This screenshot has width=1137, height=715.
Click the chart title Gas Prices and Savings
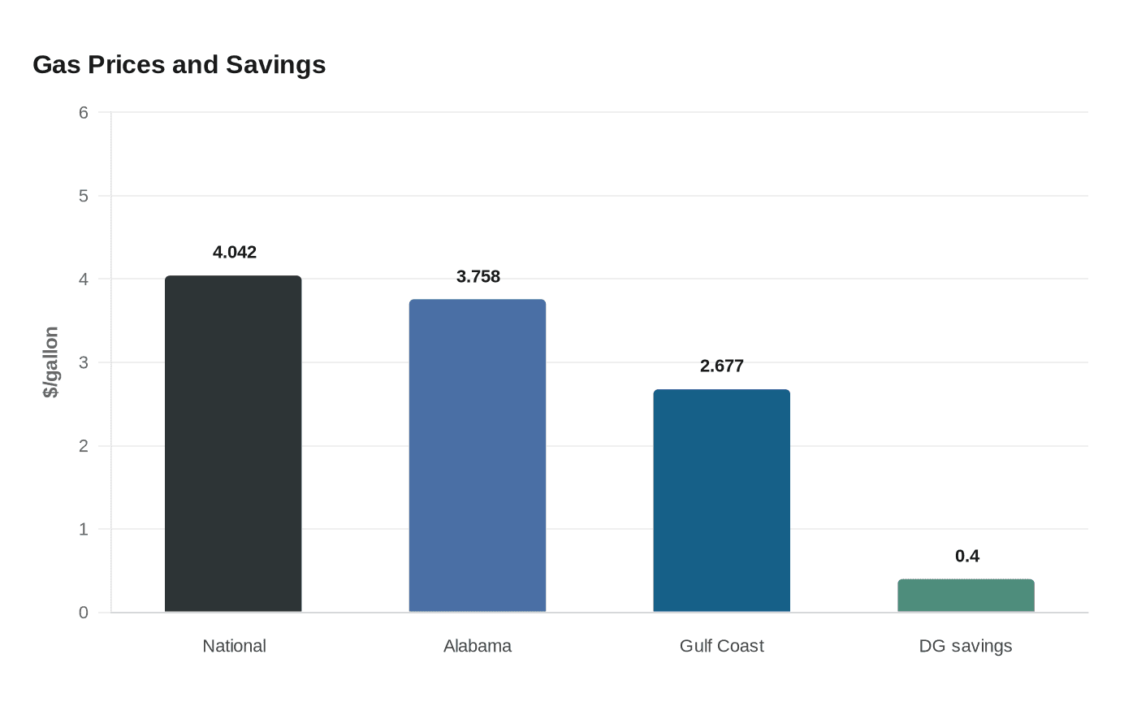pyautogui.click(x=179, y=64)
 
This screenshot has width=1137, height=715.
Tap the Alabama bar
pyautogui.click(x=478, y=456)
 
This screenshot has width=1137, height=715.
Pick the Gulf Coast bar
pyautogui.click(x=721, y=500)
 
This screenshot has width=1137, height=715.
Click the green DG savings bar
pyautogui.click(x=966, y=596)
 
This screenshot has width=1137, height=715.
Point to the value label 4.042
pyautogui.click(x=235, y=253)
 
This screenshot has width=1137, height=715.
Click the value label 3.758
pyautogui.click(x=478, y=277)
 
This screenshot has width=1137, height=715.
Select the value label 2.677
pyautogui.click(x=722, y=366)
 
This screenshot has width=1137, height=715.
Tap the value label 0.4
pyautogui.click(x=966, y=557)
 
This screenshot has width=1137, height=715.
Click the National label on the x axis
pyautogui.click(x=234, y=646)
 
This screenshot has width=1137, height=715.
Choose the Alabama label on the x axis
pyautogui.click(x=478, y=646)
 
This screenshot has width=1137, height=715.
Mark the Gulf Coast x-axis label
pyautogui.click(x=721, y=646)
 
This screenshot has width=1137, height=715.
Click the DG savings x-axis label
pyautogui.click(x=966, y=646)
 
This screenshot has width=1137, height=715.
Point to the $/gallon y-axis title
pyautogui.click(x=51, y=362)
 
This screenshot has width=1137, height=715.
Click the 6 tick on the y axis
pyautogui.click(x=84, y=113)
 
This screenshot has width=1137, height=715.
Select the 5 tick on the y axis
pyautogui.click(x=84, y=196)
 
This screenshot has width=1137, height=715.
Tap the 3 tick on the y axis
pyautogui.click(x=84, y=362)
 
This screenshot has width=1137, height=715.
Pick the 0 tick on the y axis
pyautogui.click(x=84, y=613)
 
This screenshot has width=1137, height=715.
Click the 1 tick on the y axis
pyautogui.click(x=84, y=530)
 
